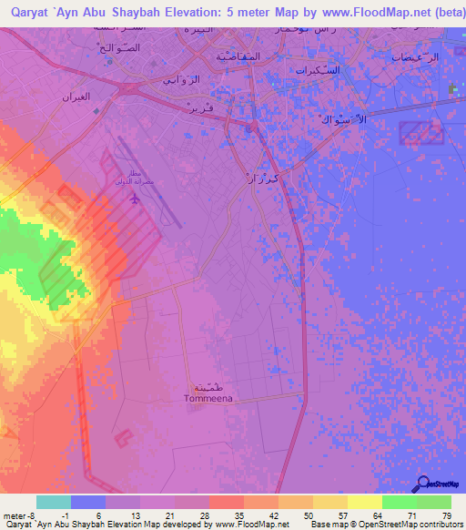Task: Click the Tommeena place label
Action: tap(208, 398)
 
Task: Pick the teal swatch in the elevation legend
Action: tap(54, 502)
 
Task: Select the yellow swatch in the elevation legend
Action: tap(364, 502)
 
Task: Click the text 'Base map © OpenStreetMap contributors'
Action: tap(384, 525)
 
